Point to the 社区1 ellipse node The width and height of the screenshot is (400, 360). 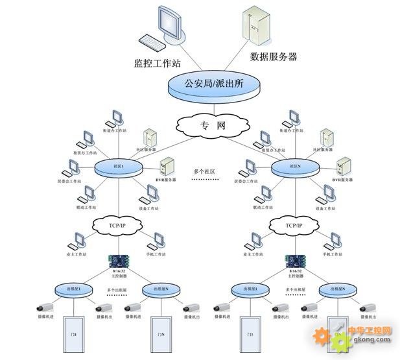(x=119, y=168)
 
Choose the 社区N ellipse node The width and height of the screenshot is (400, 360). (x=295, y=167)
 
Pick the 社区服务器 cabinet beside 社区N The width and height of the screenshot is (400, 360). (x=327, y=138)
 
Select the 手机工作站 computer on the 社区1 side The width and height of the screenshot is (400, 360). (x=154, y=242)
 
